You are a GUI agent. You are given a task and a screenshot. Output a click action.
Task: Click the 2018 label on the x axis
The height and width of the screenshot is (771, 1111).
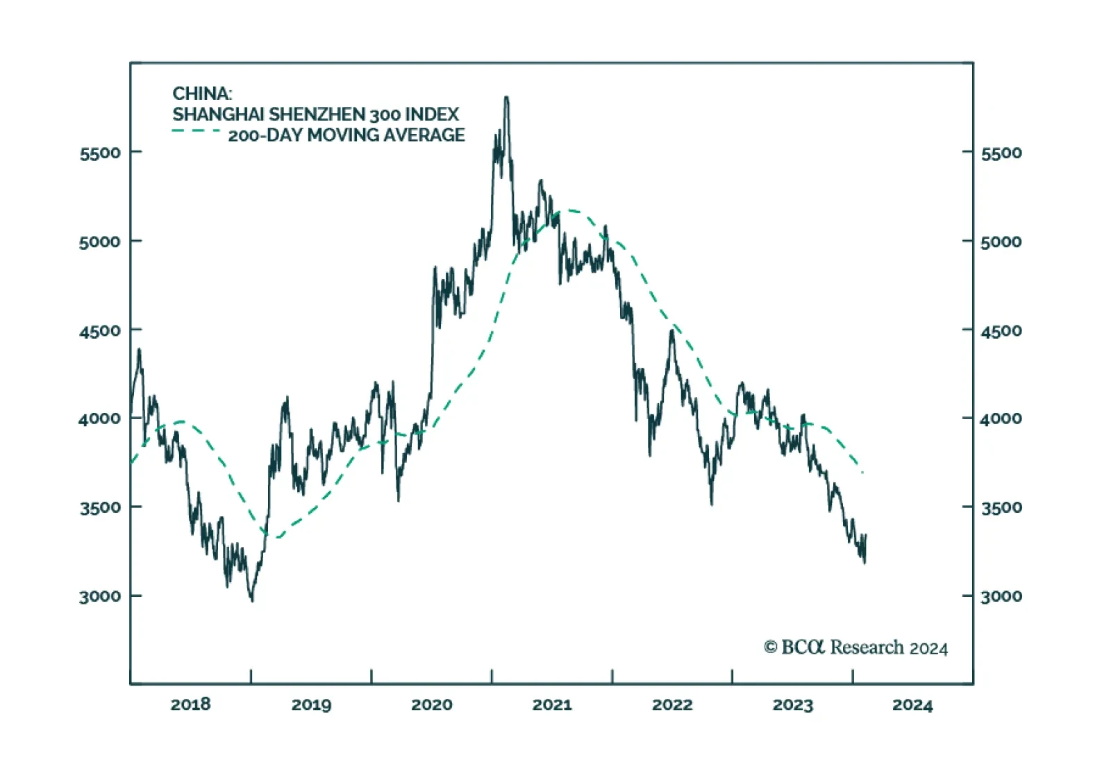click(x=190, y=704)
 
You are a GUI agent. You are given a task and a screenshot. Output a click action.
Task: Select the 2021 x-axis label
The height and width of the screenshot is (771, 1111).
click(x=552, y=704)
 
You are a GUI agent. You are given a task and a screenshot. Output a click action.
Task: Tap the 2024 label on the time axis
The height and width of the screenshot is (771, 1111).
click(x=912, y=704)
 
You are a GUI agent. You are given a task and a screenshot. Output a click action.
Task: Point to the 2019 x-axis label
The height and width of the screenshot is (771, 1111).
click(x=311, y=704)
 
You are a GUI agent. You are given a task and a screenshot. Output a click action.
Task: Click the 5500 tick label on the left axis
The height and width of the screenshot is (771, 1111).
click(x=100, y=153)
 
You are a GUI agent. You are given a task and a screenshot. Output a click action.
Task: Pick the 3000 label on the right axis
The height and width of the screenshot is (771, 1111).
click(x=1001, y=596)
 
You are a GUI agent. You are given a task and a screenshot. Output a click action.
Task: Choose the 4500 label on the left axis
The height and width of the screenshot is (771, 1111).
click(x=100, y=330)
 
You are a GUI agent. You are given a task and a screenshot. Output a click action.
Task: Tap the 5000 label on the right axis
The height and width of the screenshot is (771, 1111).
click(x=1001, y=242)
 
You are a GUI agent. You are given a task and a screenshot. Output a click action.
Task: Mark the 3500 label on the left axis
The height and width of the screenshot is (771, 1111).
click(x=100, y=507)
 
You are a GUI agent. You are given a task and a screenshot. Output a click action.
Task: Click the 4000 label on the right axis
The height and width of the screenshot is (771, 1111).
click(x=1001, y=418)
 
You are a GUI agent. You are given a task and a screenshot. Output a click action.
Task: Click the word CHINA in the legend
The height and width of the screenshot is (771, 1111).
click(x=201, y=94)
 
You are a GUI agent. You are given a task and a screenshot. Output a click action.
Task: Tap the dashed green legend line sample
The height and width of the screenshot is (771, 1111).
click(x=197, y=130)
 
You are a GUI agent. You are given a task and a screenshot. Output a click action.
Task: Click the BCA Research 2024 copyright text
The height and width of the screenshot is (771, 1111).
click(x=855, y=647)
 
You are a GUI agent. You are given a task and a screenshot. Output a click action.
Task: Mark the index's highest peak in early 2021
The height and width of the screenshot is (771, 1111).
click(x=506, y=98)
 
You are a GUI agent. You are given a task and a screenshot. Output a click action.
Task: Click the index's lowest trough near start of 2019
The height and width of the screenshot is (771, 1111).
click(x=251, y=600)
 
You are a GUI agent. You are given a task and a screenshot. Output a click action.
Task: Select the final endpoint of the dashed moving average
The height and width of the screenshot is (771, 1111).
click(x=862, y=473)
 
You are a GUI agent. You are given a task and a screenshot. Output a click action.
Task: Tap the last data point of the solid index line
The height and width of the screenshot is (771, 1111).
click(x=866, y=536)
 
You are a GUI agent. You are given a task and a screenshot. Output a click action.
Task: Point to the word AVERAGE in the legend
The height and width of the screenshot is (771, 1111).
click(x=424, y=135)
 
